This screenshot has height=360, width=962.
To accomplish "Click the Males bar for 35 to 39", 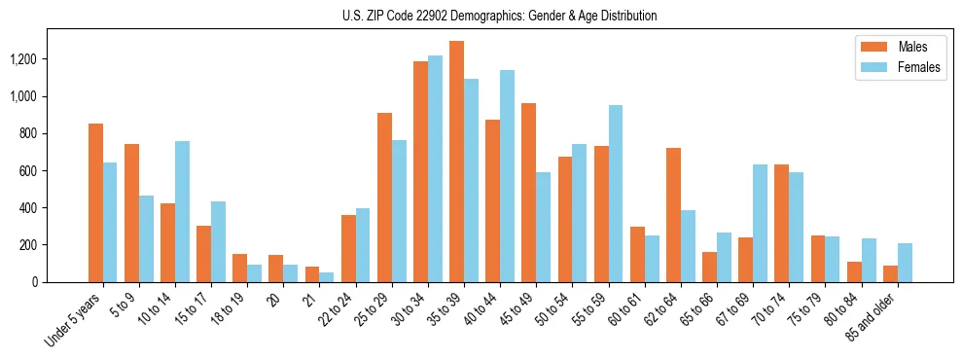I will pyautogui.click(x=456, y=162).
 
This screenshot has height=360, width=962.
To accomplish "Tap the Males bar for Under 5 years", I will pyautogui.click(x=95, y=202).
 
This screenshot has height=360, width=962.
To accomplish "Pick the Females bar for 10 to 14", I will pyautogui.click(x=182, y=211).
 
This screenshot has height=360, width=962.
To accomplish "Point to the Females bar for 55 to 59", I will pyautogui.click(x=615, y=194).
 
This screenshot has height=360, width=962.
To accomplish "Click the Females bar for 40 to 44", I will pyautogui.click(x=507, y=176).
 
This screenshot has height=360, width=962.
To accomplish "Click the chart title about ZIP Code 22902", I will pyautogui.click(x=499, y=16).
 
